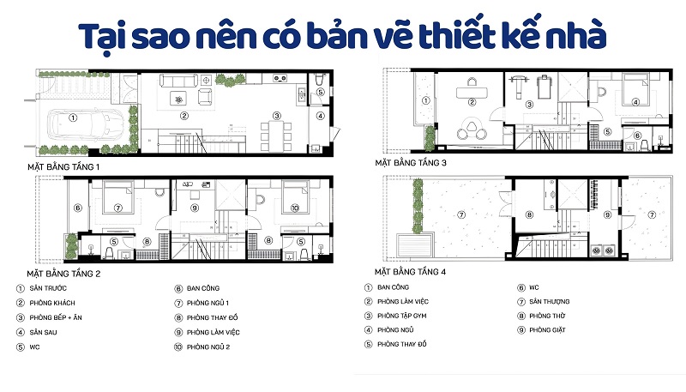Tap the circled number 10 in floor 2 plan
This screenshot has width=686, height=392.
coord(293,208)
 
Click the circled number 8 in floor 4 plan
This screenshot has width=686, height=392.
coord(528,215)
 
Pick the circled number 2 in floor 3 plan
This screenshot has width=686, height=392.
coord(471,103)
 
